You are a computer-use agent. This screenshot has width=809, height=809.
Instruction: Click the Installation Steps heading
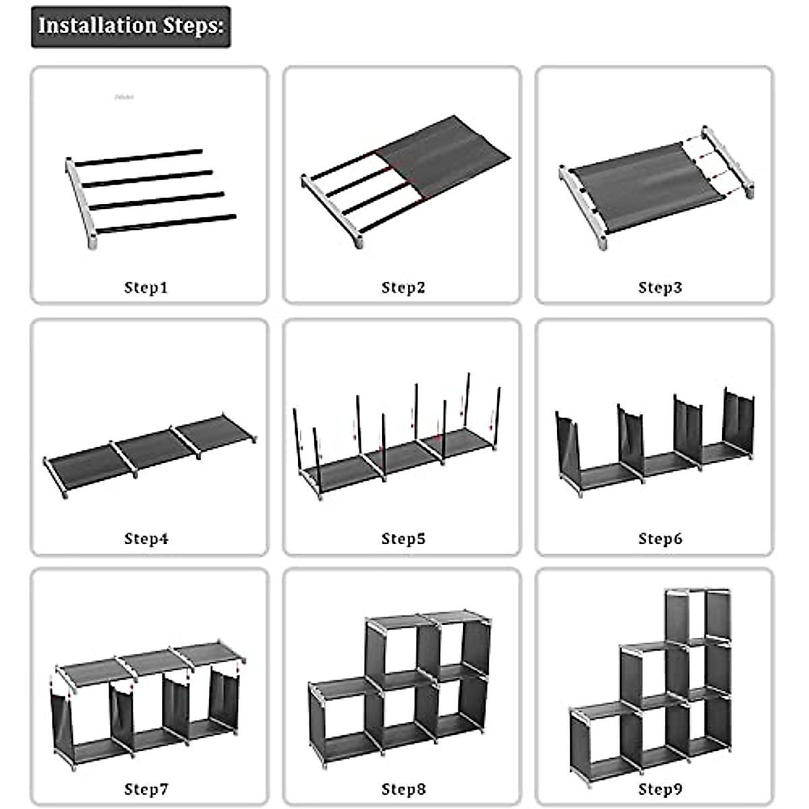131,26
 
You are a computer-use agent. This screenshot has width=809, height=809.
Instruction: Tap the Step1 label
146,288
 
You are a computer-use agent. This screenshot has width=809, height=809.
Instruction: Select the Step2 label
403,288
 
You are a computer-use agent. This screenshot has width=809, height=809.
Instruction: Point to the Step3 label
660,288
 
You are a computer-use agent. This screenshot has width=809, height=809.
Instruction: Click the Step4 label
146,539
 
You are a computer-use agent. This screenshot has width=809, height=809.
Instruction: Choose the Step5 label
403,539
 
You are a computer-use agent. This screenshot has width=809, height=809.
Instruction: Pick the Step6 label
660,539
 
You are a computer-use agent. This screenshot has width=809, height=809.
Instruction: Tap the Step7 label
146,789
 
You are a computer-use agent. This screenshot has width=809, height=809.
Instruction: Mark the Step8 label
403,789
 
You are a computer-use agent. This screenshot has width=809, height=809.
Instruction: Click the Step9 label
660,789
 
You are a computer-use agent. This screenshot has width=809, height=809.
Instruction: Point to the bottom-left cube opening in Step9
596,738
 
